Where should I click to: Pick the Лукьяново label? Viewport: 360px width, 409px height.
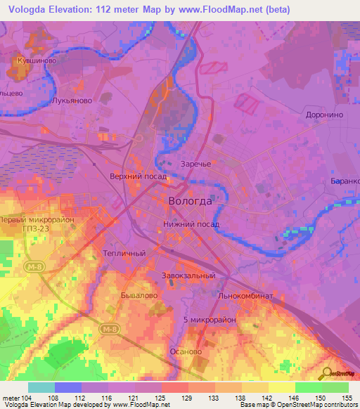point(72,101)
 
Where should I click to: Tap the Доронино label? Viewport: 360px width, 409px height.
point(323,115)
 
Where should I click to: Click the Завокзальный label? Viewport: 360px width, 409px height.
point(188,275)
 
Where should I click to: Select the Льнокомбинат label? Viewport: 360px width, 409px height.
point(245,297)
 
